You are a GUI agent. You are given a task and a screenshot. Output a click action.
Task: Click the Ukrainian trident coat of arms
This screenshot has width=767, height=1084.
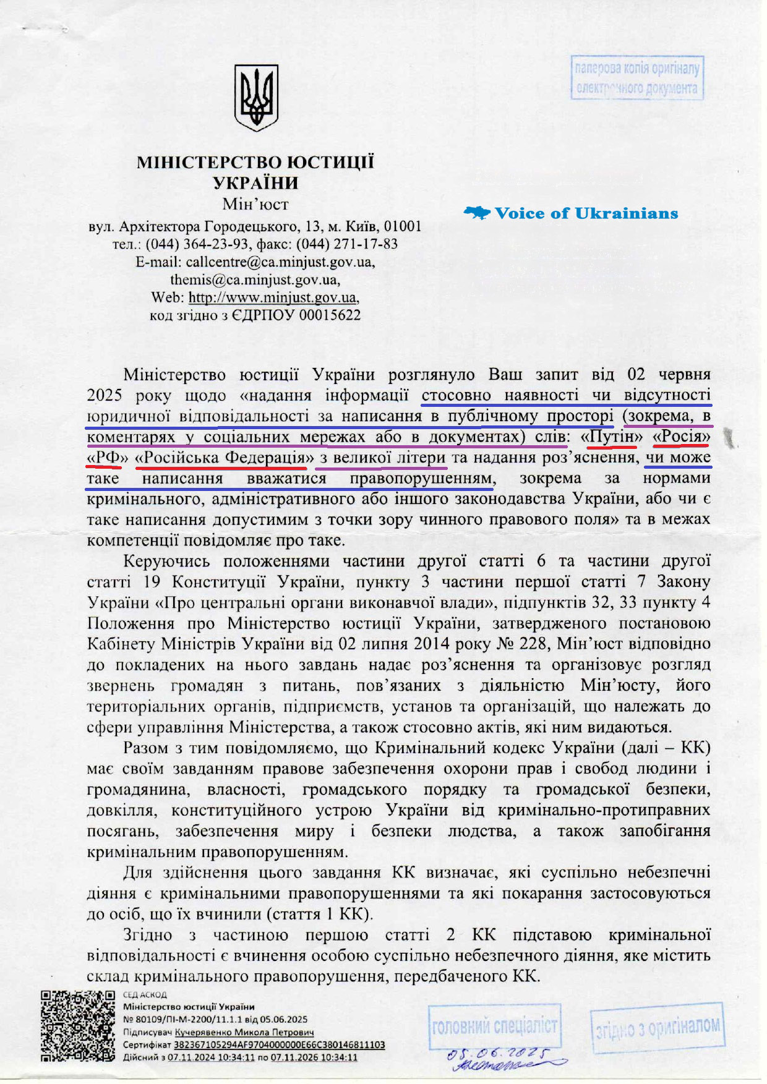tap(256, 98)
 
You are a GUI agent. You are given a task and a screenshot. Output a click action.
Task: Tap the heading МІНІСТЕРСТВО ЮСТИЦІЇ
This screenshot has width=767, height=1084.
tap(255, 163)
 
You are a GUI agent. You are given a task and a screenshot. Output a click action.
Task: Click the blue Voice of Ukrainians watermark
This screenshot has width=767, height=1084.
tap(571, 213)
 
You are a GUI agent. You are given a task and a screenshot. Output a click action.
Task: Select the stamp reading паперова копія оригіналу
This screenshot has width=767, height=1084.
tap(637, 78)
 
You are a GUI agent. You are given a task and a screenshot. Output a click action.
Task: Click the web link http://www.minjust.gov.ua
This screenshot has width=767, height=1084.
tap(273, 297)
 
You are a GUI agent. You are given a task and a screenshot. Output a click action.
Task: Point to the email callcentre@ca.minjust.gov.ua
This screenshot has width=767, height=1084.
tap(280, 262)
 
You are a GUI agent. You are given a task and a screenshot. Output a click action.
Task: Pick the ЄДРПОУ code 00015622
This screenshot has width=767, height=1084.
tap(330, 315)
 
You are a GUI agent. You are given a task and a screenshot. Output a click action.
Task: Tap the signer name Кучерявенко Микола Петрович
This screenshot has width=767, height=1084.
tap(244, 1032)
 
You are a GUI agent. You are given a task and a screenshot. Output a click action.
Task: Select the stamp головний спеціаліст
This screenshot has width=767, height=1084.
tap(494, 1027)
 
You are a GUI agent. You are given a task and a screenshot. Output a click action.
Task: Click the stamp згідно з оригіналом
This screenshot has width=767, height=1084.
tap(658, 1028)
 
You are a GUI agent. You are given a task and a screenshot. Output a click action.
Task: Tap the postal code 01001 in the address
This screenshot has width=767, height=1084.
tap(403, 226)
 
